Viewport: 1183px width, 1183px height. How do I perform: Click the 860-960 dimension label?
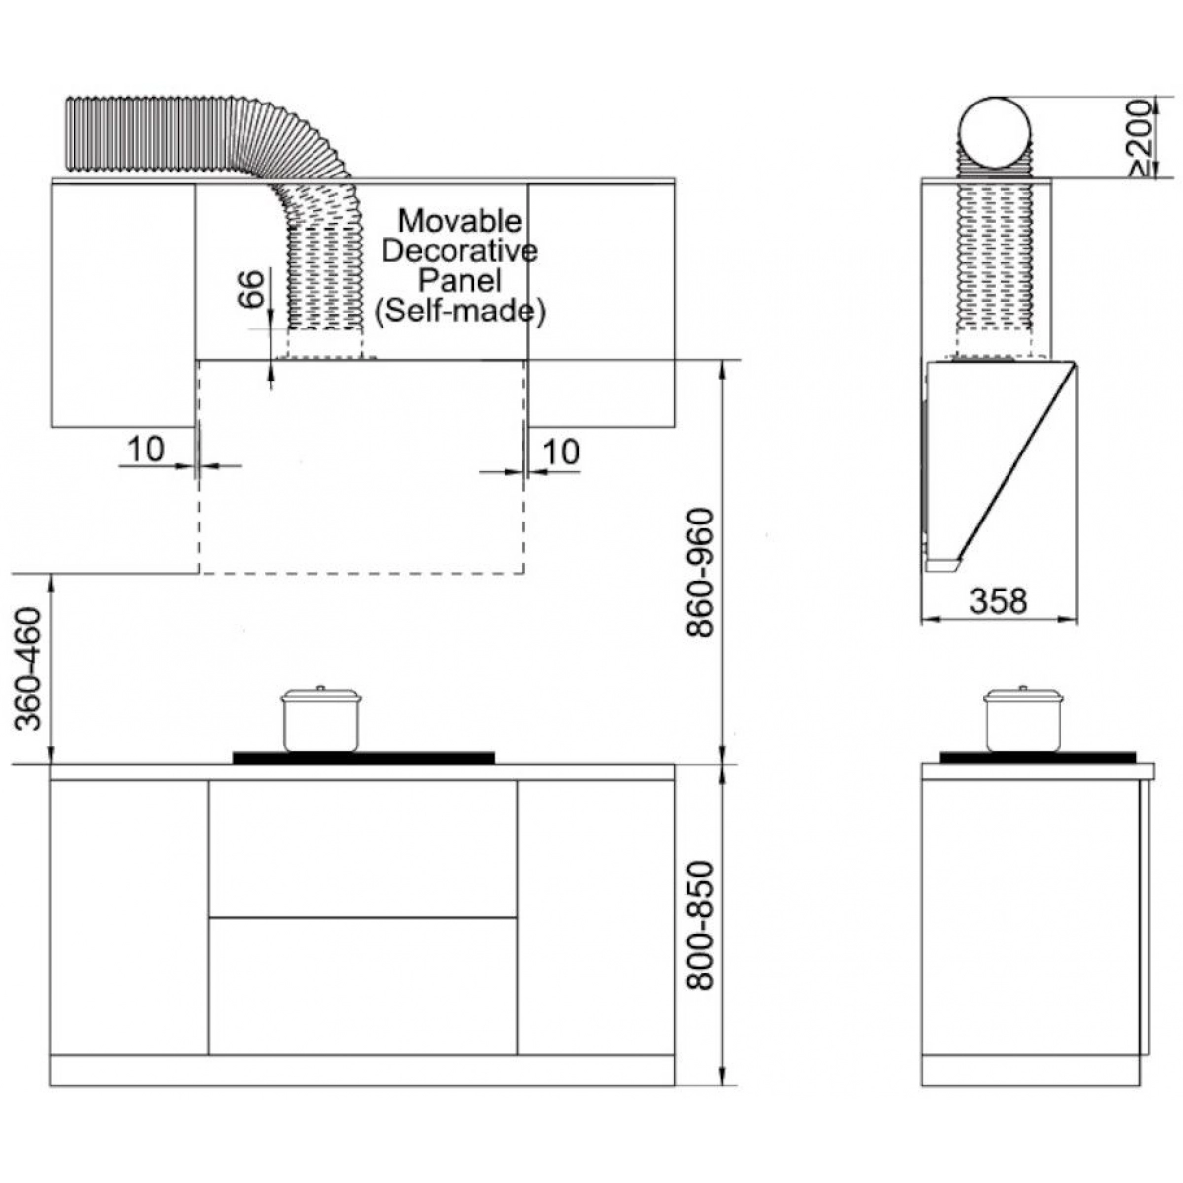701,573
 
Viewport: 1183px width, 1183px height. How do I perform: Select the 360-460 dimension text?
29,669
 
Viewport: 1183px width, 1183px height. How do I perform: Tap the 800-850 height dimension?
701,925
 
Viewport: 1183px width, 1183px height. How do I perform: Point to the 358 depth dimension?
999,601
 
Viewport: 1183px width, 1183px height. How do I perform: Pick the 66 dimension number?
251,289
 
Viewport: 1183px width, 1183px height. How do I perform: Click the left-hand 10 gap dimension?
146,450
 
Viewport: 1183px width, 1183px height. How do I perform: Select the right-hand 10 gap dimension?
561,452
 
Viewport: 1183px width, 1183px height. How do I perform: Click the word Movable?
460,221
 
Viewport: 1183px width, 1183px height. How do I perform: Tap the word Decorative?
459,251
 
